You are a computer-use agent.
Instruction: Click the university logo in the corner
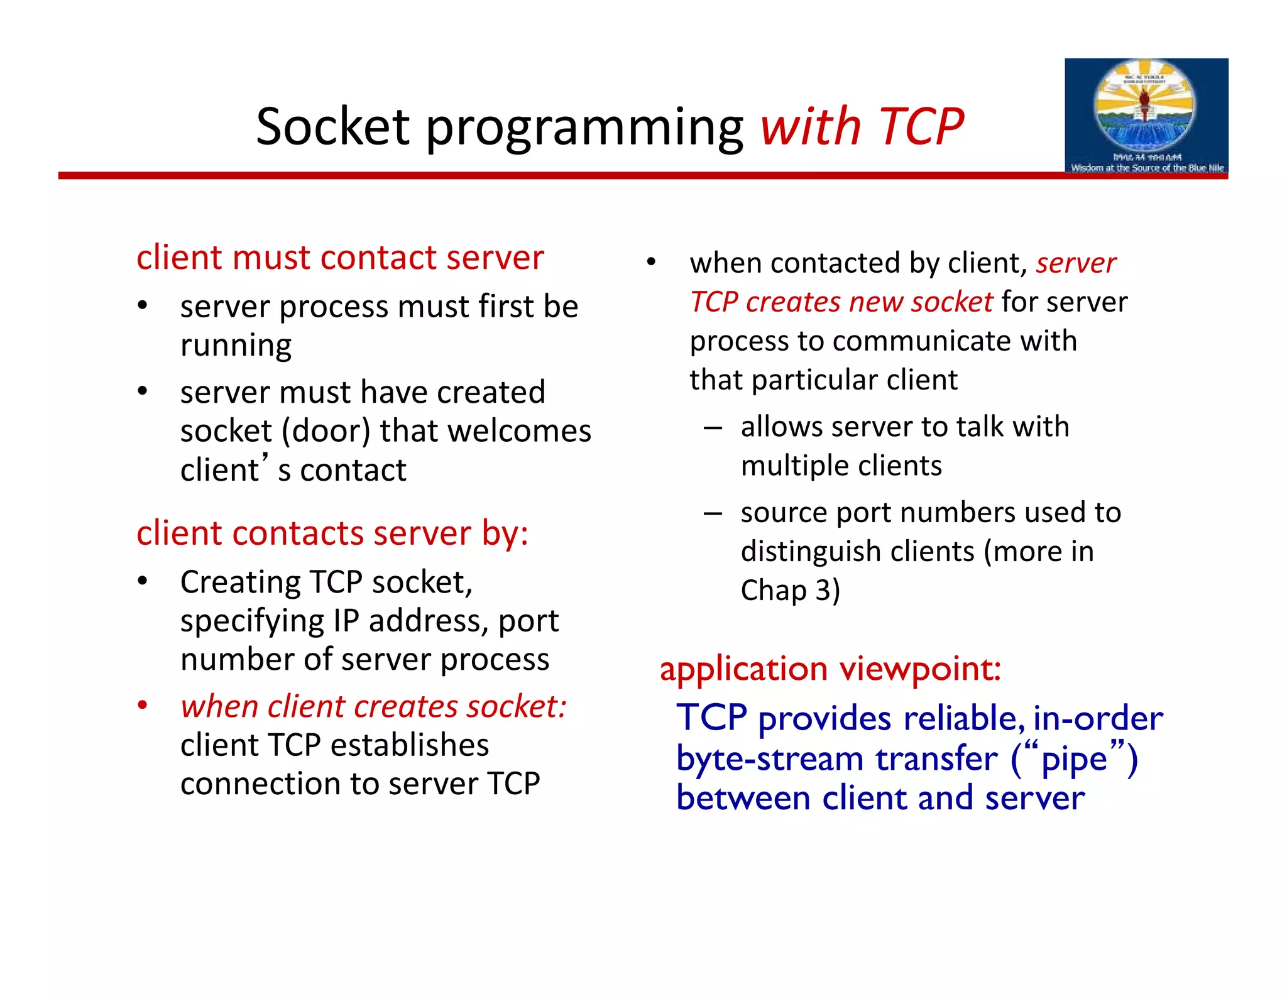pyautogui.click(x=1146, y=116)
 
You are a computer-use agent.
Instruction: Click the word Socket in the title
pyautogui.click(x=332, y=127)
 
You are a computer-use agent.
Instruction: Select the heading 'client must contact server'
pyautogui.click(x=340, y=258)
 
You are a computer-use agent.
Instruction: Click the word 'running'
pyautogui.click(x=236, y=346)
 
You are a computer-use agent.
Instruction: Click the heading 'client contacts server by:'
pyautogui.click(x=332, y=533)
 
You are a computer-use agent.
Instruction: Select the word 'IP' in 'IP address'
pyautogui.click(x=346, y=621)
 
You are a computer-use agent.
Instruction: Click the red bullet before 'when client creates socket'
pyautogui.click(x=143, y=706)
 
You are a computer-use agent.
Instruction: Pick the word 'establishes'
pyautogui.click(x=409, y=746)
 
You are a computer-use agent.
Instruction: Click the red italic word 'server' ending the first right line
pyautogui.click(x=1075, y=263)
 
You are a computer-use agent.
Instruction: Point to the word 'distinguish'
pyautogui.click(x=810, y=552)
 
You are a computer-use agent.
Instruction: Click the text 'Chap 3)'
pyautogui.click(x=790, y=591)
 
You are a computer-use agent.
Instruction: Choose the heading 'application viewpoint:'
pyautogui.click(x=830, y=669)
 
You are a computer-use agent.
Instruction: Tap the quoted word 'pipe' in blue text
pyautogui.click(x=1073, y=759)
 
